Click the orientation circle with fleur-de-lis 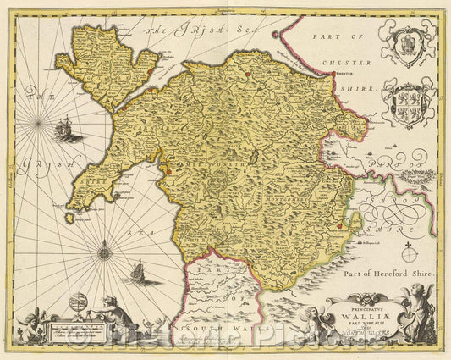[413, 253]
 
